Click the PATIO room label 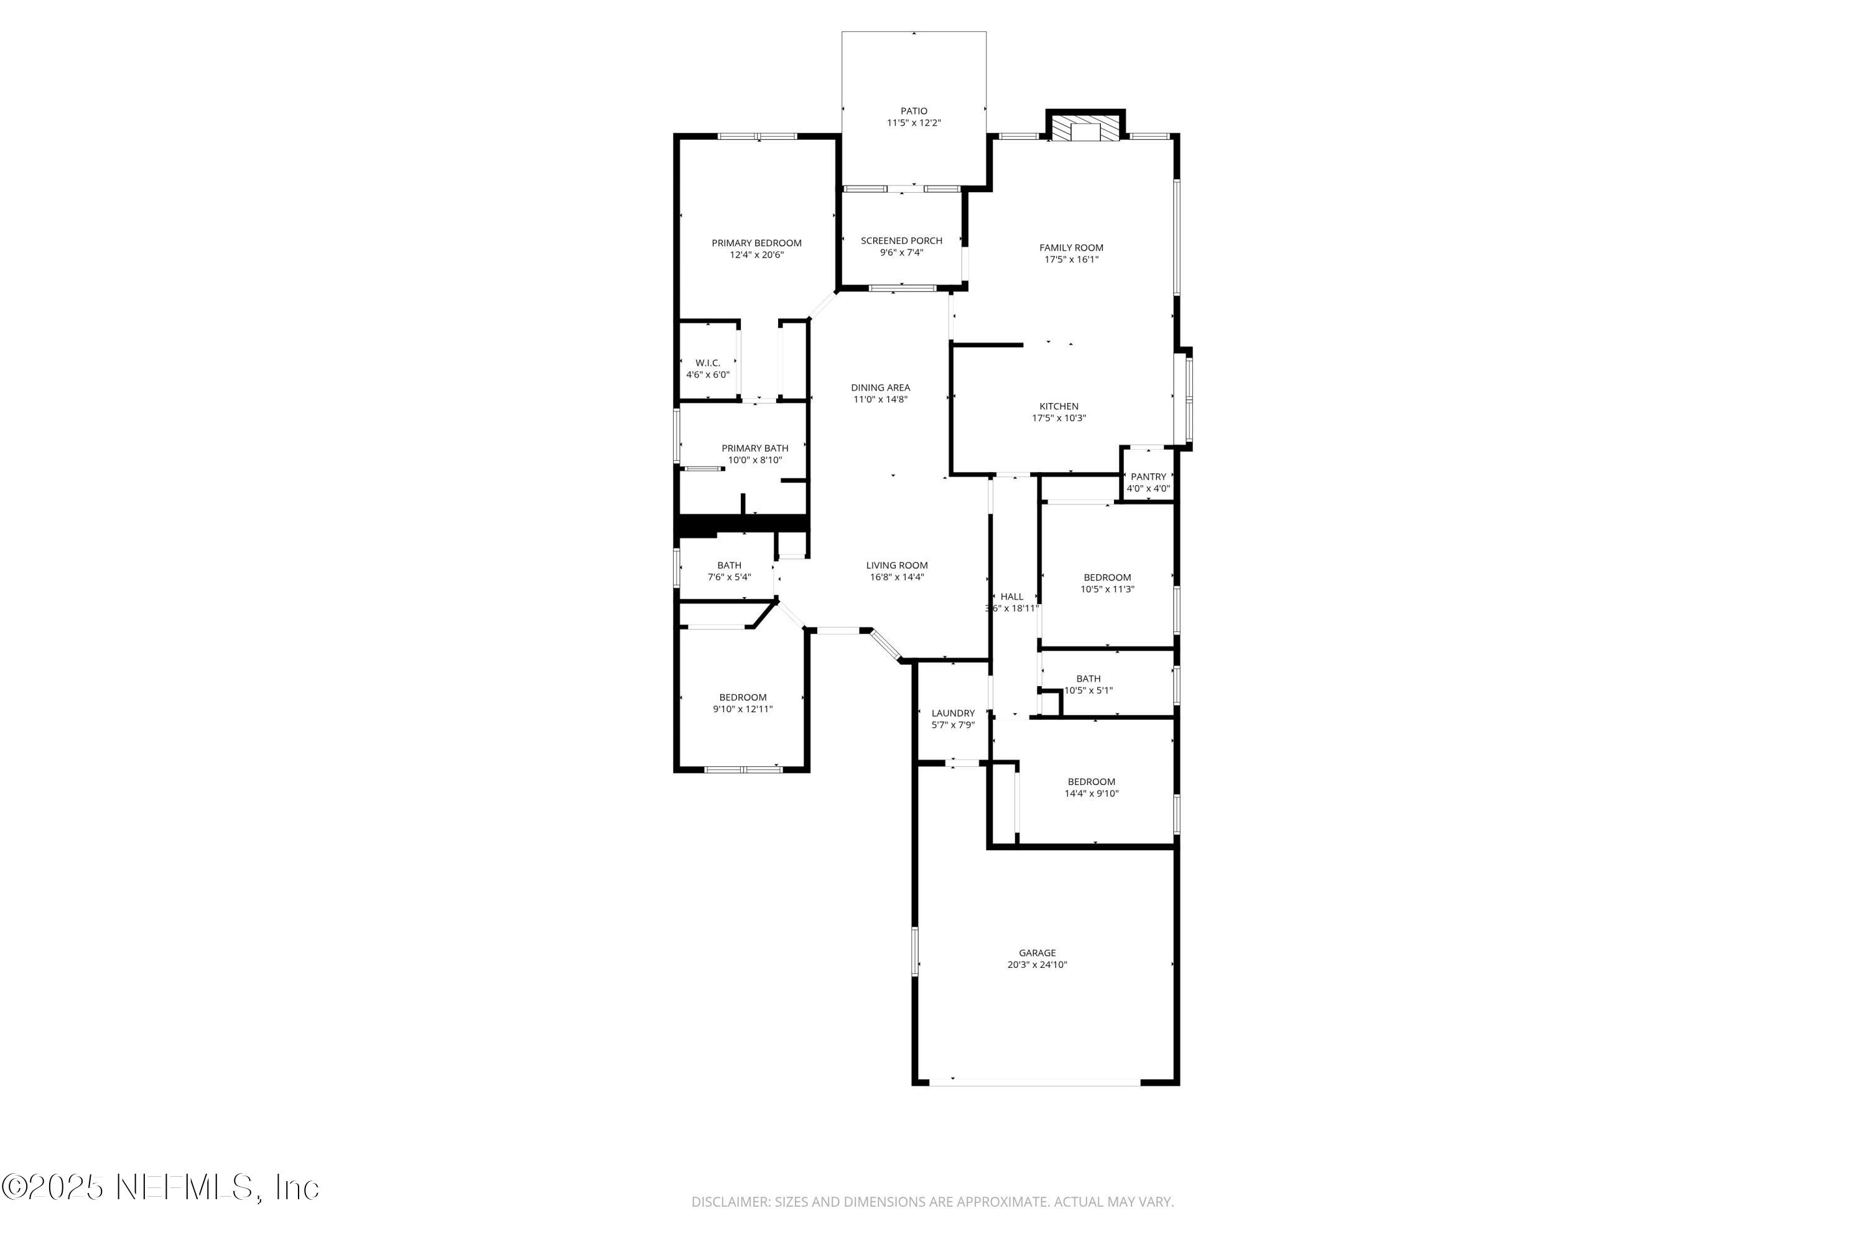tap(913, 111)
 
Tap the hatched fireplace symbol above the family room tap(1085, 132)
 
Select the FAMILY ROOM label tap(1071, 248)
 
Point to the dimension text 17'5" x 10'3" tap(1059, 418)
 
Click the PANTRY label tap(1148, 477)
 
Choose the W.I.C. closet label tap(708, 363)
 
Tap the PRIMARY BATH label tap(754, 448)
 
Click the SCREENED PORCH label tap(901, 240)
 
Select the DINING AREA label tap(880, 388)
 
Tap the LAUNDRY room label tap(953, 713)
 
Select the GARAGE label tap(1037, 953)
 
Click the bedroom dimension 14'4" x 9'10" tap(1091, 794)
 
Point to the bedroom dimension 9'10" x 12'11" tap(743, 709)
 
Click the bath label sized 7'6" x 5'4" tap(729, 565)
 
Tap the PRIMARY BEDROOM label tap(756, 243)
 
